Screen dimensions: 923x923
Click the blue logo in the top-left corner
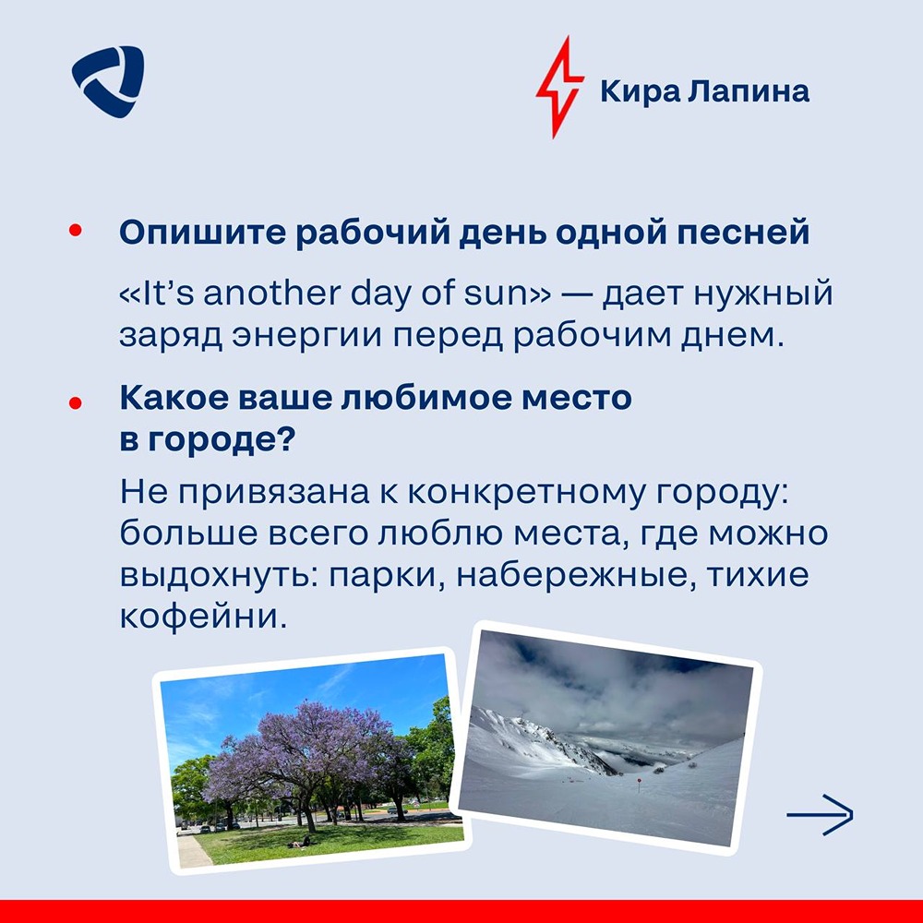click(108, 81)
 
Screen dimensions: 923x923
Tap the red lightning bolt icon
click(559, 87)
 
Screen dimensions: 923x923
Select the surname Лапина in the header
click(749, 90)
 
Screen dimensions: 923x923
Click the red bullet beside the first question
click(75, 230)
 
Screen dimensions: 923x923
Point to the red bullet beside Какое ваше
click(75, 402)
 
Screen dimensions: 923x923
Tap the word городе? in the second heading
click(221, 440)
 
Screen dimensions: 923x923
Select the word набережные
click(572, 577)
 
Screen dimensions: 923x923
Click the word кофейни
click(204, 617)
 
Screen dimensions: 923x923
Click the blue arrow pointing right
click(820, 815)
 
